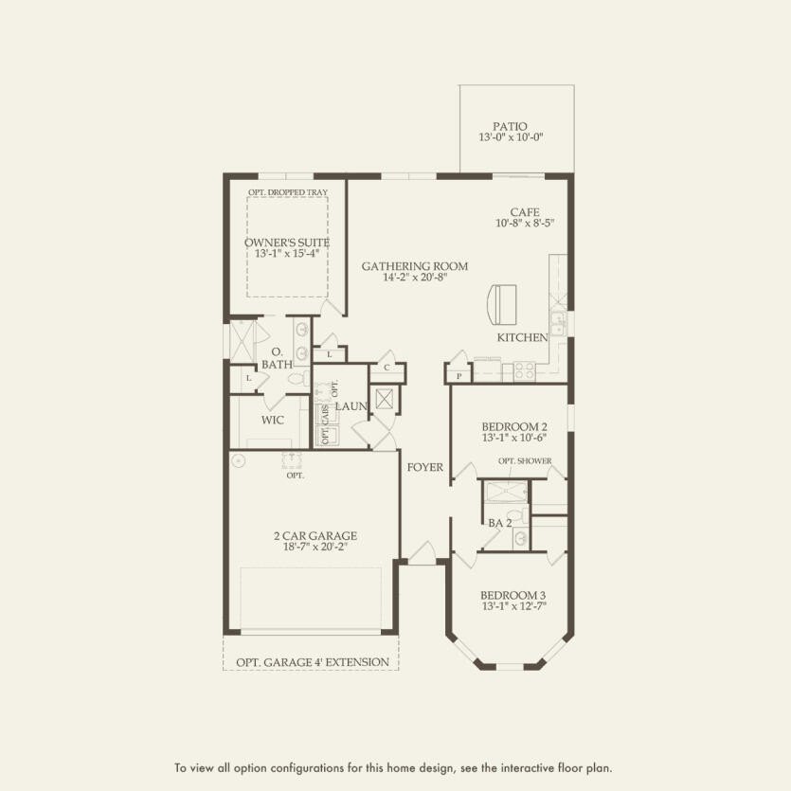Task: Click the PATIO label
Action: (x=510, y=126)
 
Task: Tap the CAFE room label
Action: (x=524, y=212)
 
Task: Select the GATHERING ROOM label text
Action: (x=414, y=266)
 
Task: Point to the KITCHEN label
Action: (x=523, y=337)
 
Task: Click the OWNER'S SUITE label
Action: (x=286, y=243)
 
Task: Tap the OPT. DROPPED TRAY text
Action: (x=287, y=192)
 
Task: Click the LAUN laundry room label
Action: (x=351, y=405)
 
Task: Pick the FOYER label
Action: (x=425, y=467)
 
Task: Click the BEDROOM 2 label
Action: (x=513, y=426)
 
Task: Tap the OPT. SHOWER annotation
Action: (x=525, y=461)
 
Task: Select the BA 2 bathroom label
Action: (x=500, y=522)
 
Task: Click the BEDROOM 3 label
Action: (x=513, y=595)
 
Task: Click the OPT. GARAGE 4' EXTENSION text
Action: (x=311, y=661)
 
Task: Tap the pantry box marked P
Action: (x=458, y=375)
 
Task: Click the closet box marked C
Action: (x=387, y=367)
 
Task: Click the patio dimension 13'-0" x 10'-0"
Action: (x=511, y=138)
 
